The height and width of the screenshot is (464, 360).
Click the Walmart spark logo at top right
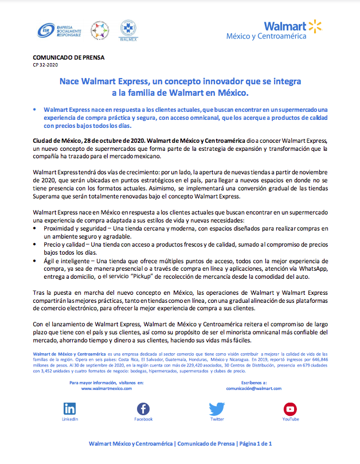click(x=315, y=25)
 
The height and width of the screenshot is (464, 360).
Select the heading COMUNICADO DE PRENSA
click(x=60, y=58)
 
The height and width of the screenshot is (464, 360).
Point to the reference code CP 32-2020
click(x=45, y=65)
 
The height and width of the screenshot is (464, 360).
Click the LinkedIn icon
click(x=69, y=409)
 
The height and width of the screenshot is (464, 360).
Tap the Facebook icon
click(x=143, y=409)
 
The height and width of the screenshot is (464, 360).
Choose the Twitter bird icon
click(x=217, y=409)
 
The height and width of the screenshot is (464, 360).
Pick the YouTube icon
click(x=290, y=409)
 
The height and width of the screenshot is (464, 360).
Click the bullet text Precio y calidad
click(x=60, y=244)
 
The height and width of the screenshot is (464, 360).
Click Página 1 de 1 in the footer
click(x=255, y=444)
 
